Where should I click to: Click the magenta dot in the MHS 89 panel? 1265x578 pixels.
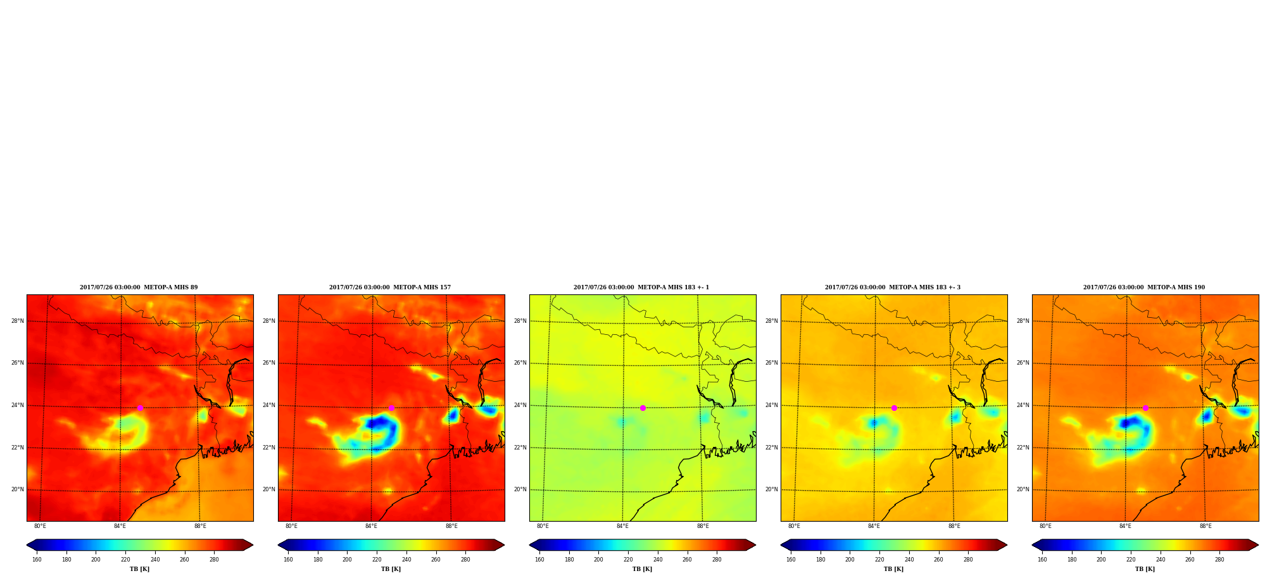pyautogui.click(x=140, y=408)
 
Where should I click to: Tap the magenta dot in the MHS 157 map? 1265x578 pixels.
pyautogui.click(x=391, y=408)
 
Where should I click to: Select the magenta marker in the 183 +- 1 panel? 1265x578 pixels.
pyautogui.click(x=643, y=408)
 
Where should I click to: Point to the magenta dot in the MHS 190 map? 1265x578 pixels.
pyautogui.click(x=1145, y=408)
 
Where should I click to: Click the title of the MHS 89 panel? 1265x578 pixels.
pyautogui.click(x=139, y=287)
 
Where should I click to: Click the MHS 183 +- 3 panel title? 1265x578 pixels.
pyautogui.click(x=893, y=287)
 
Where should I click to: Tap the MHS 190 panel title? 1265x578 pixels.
pyautogui.click(x=1144, y=287)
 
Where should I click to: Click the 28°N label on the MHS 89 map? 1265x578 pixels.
pyautogui.click(x=18, y=321)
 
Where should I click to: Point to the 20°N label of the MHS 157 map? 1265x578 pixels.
pyautogui.click(x=269, y=489)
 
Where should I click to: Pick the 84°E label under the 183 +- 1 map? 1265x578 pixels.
pyautogui.click(x=622, y=526)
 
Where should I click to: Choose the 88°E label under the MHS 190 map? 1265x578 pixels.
pyautogui.click(x=1205, y=526)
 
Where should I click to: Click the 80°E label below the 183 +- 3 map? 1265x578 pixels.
pyautogui.click(x=794, y=526)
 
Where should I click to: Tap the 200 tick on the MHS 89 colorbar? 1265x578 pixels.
pyautogui.click(x=96, y=560)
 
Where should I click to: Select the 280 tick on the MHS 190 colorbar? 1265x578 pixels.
pyautogui.click(x=1219, y=560)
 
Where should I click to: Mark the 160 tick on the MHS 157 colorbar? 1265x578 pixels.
pyautogui.click(x=288, y=560)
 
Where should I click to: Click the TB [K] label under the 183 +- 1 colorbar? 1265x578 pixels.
pyautogui.click(x=643, y=569)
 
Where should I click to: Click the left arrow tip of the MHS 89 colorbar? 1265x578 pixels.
pyautogui.click(x=27, y=545)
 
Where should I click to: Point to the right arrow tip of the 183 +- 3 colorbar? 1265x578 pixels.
pyautogui.click(x=1007, y=545)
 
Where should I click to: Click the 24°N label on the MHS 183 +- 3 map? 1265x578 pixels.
pyautogui.click(x=772, y=405)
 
